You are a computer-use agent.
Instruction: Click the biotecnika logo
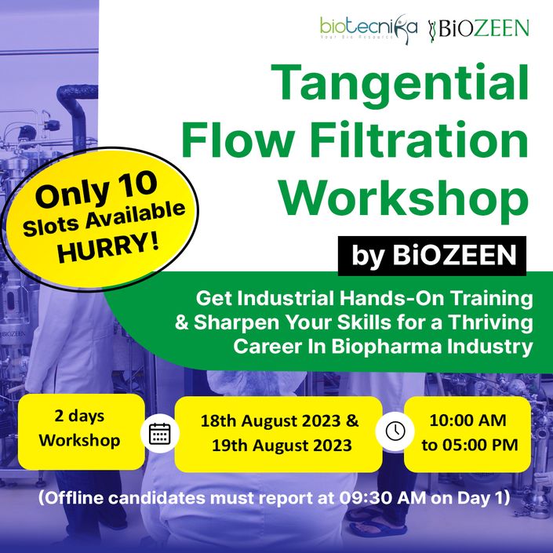tap(369, 29)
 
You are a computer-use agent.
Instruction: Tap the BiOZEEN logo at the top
tap(478, 29)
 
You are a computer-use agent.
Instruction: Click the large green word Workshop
tap(405, 198)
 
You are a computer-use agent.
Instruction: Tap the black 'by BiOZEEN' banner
tap(432, 256)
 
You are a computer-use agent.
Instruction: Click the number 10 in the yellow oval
tap(137, 187)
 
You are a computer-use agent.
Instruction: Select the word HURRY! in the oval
tap(108, 248)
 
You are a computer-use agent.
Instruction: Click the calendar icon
tap(160, 434)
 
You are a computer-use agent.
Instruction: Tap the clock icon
tap(395, 431)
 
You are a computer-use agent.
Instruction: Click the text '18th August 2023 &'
tap(279, 421)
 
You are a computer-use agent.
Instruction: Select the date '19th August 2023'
tap(282, 446)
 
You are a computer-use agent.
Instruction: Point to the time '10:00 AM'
tap(468, 420)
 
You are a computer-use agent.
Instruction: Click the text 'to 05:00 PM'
tap(470, 445)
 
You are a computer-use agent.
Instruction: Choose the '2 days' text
tap(79, 417)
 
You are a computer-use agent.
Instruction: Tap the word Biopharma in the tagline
tap(386, 347)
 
